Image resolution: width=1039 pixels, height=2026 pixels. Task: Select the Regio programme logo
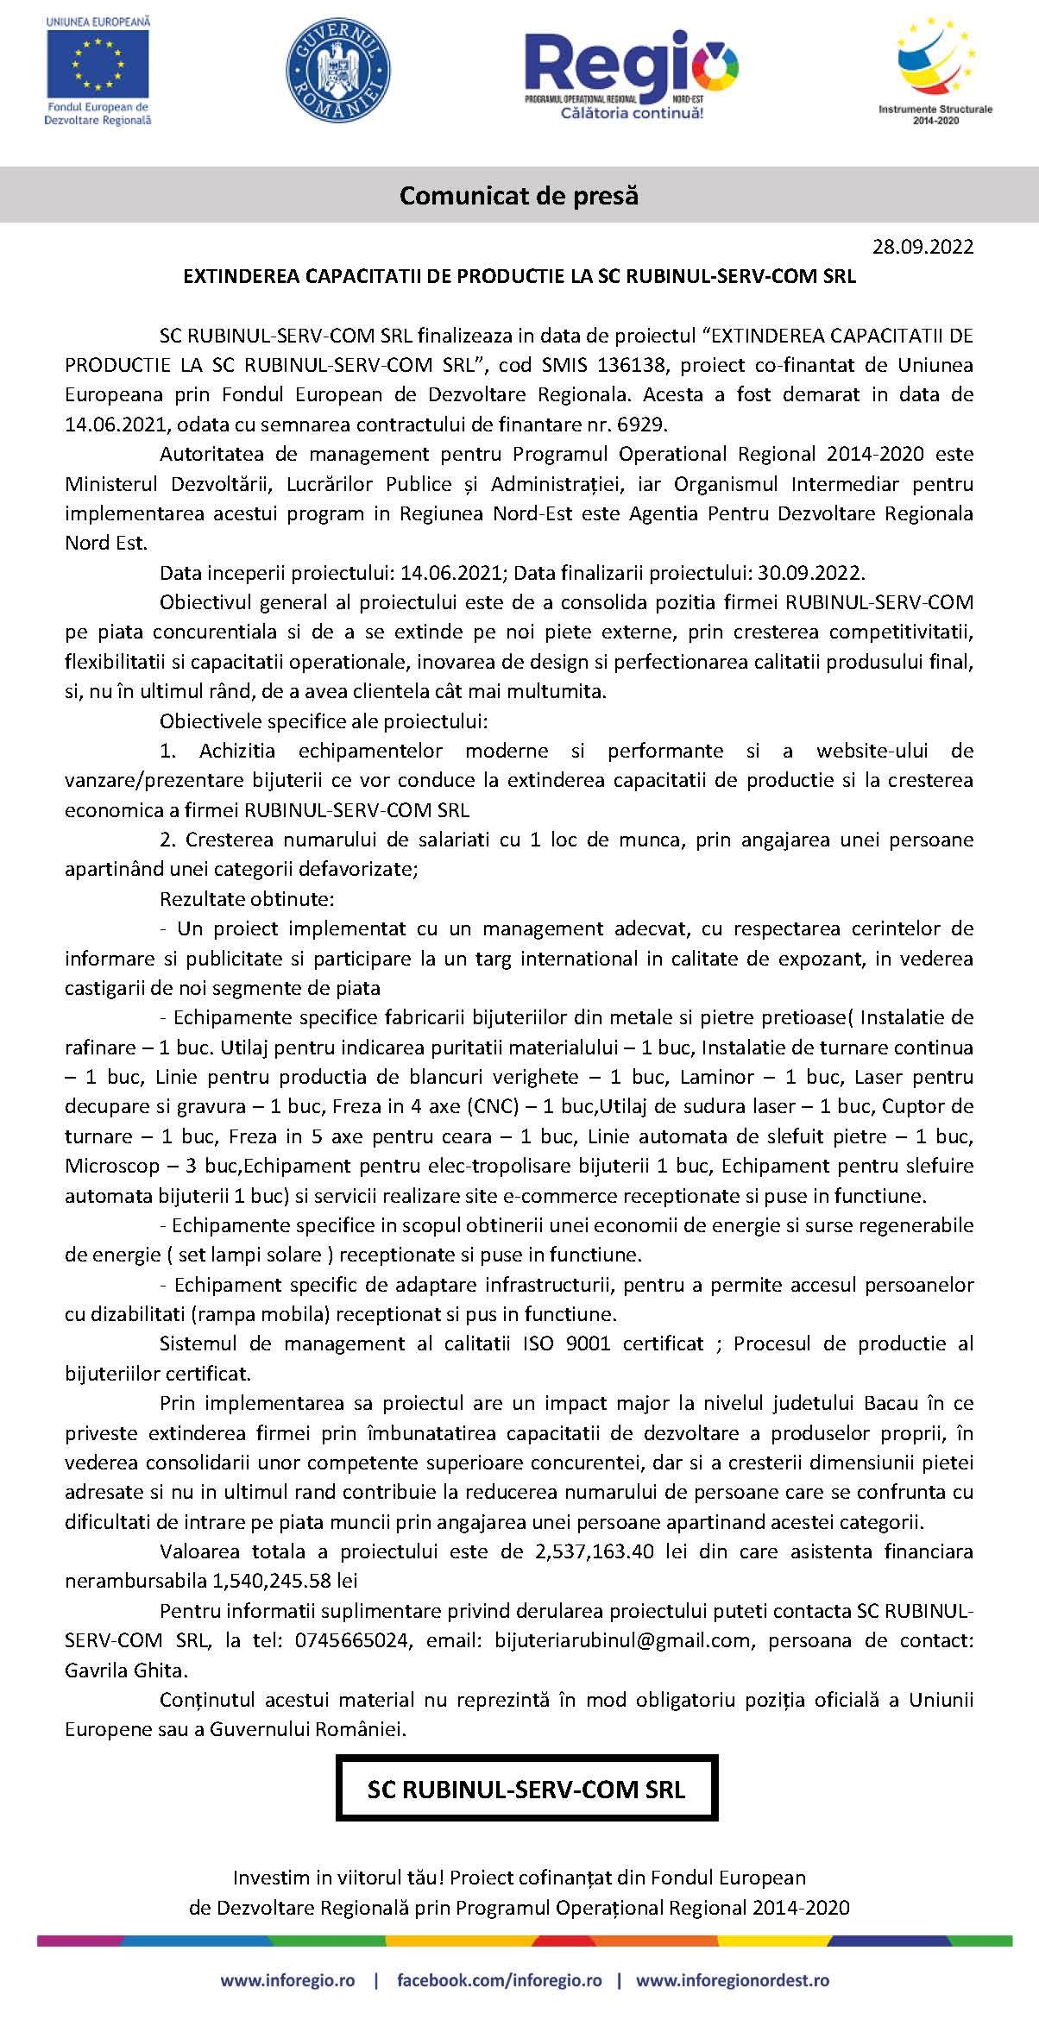pyautogui.click(x=631, y=73)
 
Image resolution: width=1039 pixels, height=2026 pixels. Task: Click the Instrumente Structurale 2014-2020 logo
pyautogui.click(x=935, y=69)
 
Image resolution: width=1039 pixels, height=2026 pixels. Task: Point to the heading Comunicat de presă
pyautogui.click(x=519, y=196)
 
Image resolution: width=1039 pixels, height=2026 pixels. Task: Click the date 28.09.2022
pyautogui.click(x=923, y=247)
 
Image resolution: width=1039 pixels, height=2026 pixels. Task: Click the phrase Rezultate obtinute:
pyautogui.click(x=247, y=899)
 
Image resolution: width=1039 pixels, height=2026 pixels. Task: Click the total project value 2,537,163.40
pyautogui.click(x=589, y=1551)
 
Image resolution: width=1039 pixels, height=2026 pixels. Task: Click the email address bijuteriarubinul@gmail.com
pyautogui.click(x=622, y=1640)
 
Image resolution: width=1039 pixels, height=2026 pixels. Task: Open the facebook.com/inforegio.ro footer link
pyautogui.click(x=499, y=1979)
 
